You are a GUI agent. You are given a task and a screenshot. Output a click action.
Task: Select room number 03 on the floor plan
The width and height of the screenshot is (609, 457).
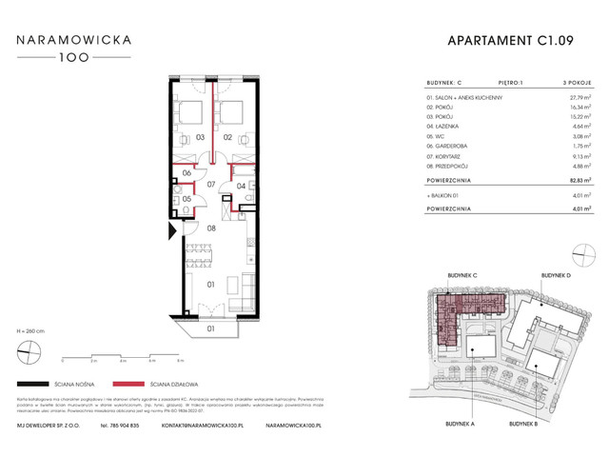[x=201, y=138]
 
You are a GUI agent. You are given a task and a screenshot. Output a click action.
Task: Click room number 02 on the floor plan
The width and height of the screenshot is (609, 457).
[x=228, y=138]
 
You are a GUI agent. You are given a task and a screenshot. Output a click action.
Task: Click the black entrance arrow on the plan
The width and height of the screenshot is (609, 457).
[x=171, y=229]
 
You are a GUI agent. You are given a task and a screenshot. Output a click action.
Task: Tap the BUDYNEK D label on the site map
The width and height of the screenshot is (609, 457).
[x=556, y=274]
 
